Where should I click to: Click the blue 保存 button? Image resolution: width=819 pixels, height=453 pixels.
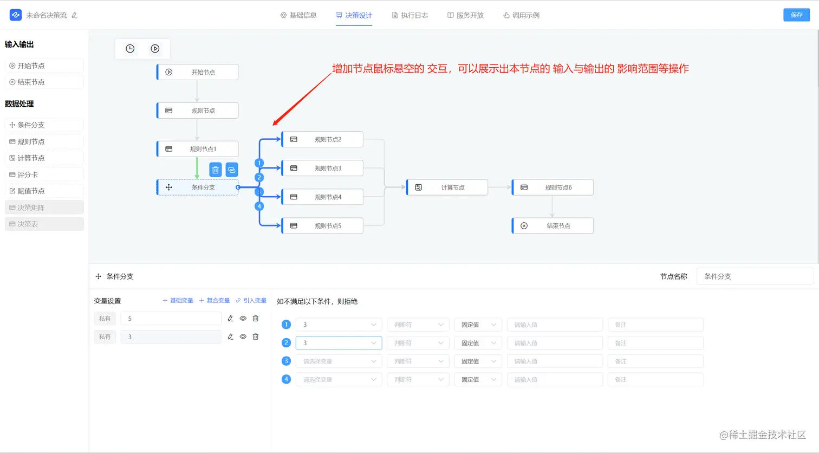796,15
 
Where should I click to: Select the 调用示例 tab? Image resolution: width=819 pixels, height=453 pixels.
521,15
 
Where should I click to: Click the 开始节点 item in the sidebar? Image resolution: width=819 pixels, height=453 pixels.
44,66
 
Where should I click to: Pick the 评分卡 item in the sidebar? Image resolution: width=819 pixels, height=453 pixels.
44,174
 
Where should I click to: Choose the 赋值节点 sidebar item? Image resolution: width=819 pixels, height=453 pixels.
44,191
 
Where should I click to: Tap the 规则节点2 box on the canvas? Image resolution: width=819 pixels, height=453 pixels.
322,139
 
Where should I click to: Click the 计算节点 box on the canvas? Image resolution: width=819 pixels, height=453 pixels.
447,187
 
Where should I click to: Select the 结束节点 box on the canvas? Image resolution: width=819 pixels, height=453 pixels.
553,226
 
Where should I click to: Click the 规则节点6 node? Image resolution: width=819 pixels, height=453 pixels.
553,187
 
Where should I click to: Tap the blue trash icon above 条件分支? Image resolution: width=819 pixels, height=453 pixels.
216,170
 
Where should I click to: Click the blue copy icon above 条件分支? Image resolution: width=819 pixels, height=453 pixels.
232,170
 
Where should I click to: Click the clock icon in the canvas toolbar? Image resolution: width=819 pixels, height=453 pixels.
130,49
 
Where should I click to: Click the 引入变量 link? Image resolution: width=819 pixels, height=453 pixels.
251,301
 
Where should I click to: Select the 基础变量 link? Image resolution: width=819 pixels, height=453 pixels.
178,301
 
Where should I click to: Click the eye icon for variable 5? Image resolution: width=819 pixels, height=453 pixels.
243,319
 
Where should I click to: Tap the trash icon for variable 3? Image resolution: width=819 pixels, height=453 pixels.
256,336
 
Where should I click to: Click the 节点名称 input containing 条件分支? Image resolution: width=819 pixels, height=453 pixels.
755,276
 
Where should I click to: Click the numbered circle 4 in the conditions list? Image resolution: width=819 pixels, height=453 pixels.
287,379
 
